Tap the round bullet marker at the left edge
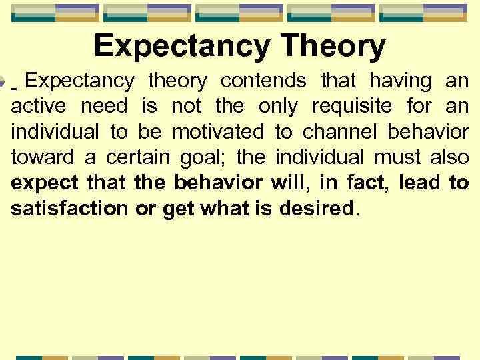tap(3, 85)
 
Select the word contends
tap(263, 81)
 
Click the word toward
tap(40, 157)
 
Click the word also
tap(448, 157)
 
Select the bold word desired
tap(321, 208)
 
